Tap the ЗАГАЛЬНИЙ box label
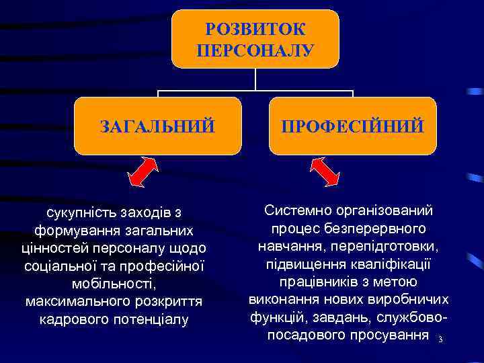(x=157, y=126)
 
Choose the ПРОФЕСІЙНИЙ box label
(x=353, y=126)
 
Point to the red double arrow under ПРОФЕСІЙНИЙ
(x=327, y=171)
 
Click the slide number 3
(x=440, y=339)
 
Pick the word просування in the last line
(x=394, y=333)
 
